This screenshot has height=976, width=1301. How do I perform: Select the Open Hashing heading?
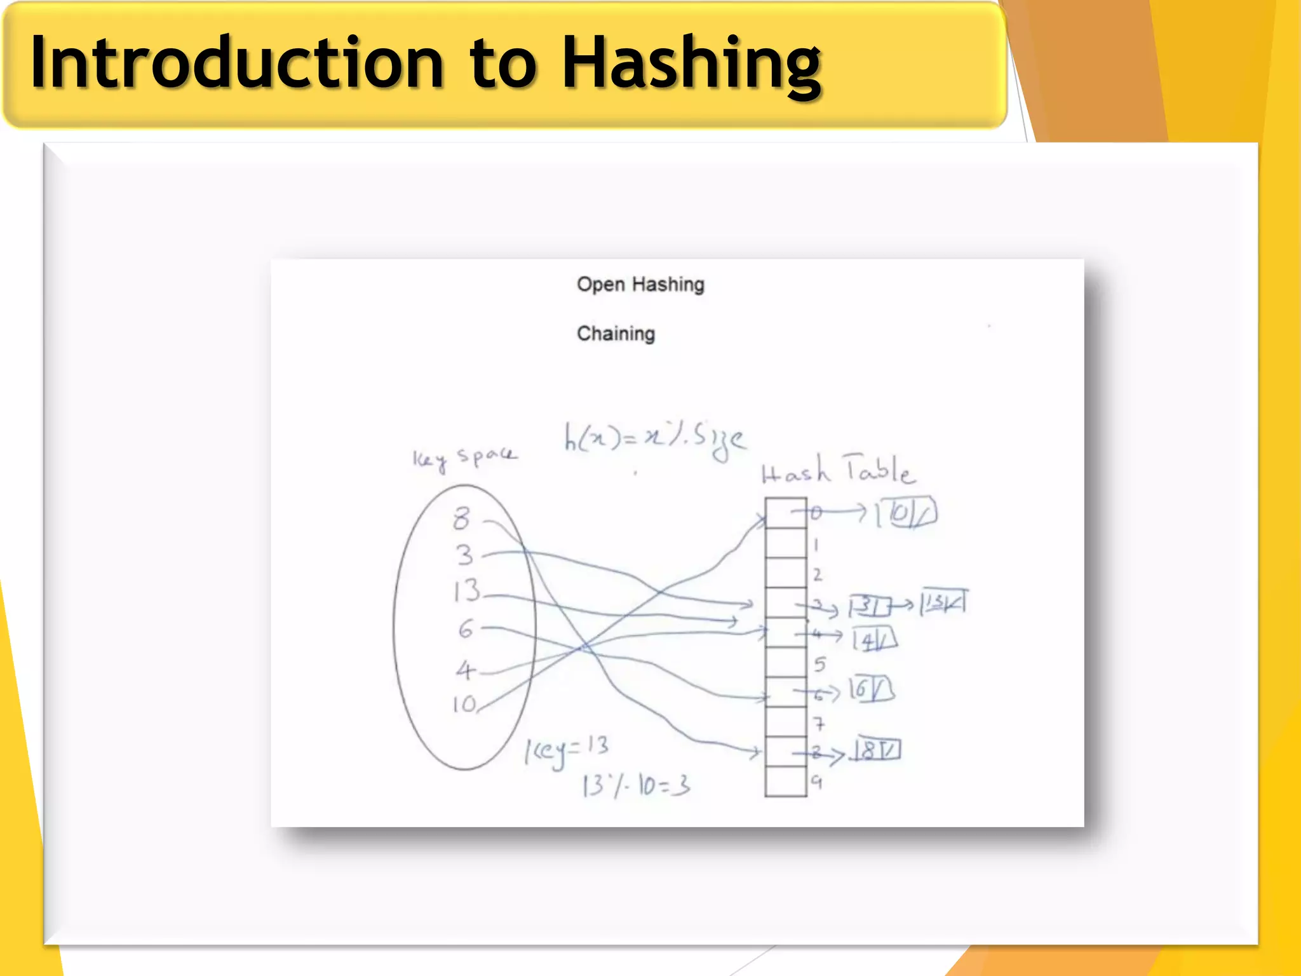click(640, 284)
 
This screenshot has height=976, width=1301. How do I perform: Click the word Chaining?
click(616, 334)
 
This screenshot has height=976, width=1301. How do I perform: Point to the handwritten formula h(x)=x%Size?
click(654, 439)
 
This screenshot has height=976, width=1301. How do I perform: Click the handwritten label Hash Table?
click(837, 471)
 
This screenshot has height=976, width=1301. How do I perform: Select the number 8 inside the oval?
click(462, 518)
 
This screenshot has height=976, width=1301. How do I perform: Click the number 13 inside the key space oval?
click(467, 590)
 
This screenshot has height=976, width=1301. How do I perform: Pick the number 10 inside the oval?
click(464, 703)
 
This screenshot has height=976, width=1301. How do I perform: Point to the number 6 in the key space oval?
click(466, 629)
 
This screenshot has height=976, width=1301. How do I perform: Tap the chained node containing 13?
click(943, 602)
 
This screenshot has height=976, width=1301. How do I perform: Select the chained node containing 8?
click(877, 751)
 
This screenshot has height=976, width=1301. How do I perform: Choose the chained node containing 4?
click(875, 639)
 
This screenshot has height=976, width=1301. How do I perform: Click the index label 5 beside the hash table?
click(819, 664)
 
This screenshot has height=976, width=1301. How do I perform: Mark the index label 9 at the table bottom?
click(817, 782)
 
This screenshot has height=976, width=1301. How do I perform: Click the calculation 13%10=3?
click(636, 786)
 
